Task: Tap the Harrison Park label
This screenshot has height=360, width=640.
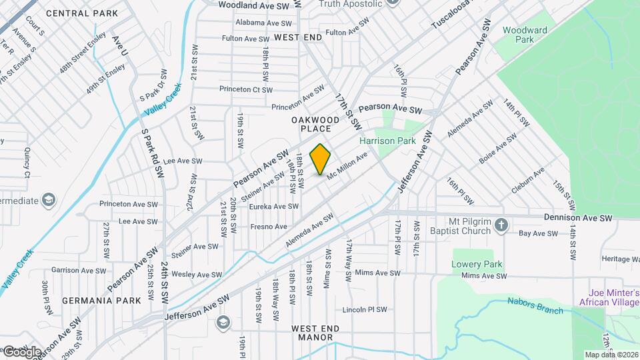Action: pyautogui.click(x=387, y=141)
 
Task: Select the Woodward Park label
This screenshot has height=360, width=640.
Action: pyautogui.click(x=525, y=35)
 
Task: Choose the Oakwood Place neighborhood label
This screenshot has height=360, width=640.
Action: pyautogui.click(x=311, y=123)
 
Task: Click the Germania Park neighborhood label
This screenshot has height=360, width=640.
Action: pyautogui.click(x=101, y=301)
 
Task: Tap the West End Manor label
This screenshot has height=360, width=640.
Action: pyautogui.click(x=315, y=333)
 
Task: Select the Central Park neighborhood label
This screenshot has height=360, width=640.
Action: pyautogui.click(x=82, y=13)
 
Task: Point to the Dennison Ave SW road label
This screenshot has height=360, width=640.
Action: pyautogui.click(x=577, y=218)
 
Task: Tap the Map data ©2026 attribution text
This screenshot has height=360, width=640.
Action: pyautogui.click(x=611, y=355)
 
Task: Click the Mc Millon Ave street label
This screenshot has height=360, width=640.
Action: pyautogui.click(x=347, y=165)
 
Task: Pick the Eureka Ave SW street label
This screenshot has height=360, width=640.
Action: pyautogui.click(x=273, y=207)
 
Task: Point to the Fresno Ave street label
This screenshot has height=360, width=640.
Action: pyautogui.click(x=268, y=227)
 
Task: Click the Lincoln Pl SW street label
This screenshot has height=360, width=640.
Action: pyautogui.click(x=364, y=310)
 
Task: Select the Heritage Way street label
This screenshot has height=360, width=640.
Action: pyautogui.click(x=620, y=259)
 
